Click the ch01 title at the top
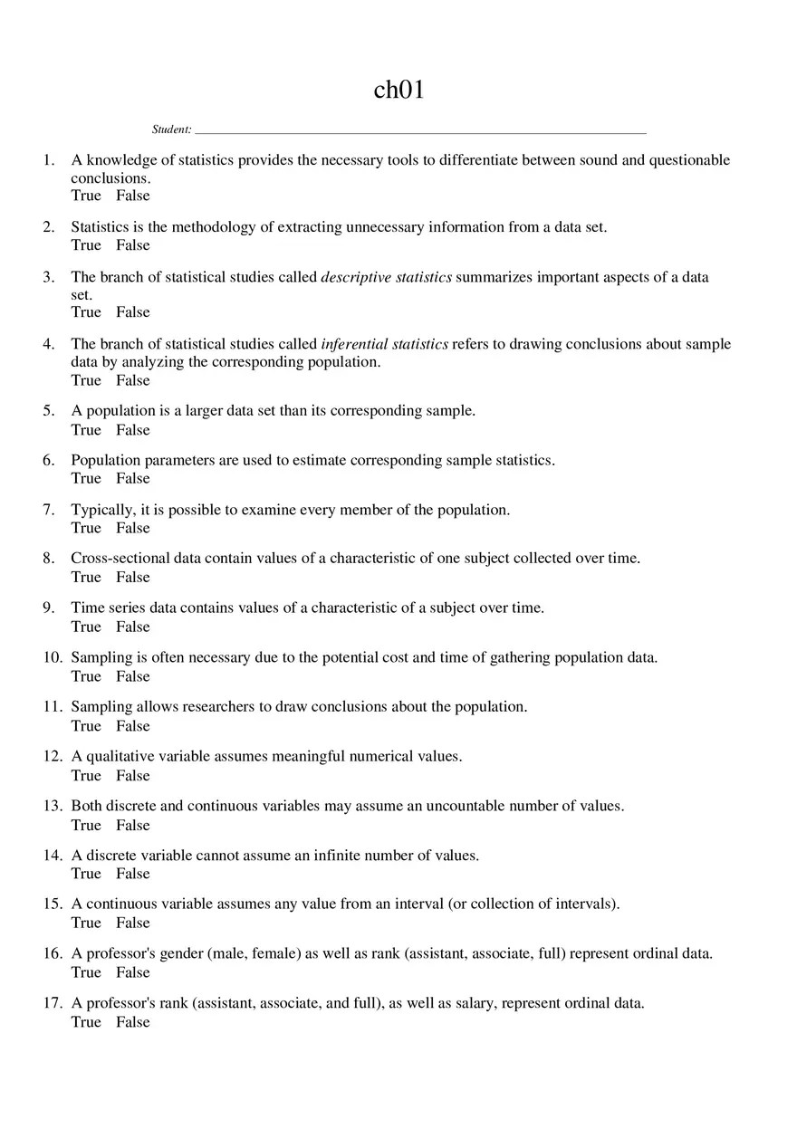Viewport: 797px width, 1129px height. click(398, 90)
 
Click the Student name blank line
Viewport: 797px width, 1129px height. click(420, 130)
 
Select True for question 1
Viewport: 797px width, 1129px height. click(86, 196)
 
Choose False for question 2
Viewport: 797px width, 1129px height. click(132, 245)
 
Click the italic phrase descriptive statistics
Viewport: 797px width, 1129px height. click(387, 277)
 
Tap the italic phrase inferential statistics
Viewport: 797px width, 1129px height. click(385, 344)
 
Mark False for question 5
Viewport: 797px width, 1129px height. click(132, 430)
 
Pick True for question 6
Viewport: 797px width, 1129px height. click(86, 478)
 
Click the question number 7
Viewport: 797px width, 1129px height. click(49, 510)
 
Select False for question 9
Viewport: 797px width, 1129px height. click(132, 627)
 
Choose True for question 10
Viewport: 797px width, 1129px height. click(86, 676)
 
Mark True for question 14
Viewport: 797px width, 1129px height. click(86, 874)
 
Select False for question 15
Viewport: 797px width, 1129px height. click(132, 923)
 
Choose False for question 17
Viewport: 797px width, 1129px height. click(132, 1022)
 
